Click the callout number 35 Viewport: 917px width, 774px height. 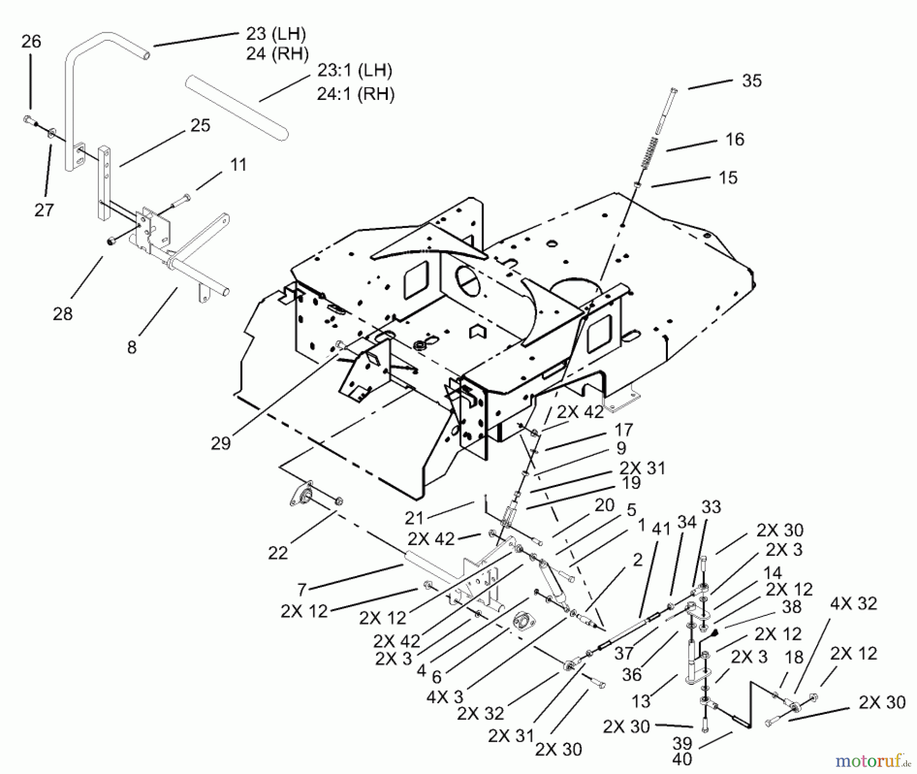[751, 81]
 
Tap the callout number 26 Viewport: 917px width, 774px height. [31, 41]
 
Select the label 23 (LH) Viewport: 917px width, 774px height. [276, 34]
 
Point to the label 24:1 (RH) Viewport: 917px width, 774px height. [356, 94]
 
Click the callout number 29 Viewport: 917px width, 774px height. [221, 444]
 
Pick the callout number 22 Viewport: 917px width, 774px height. [278, 552]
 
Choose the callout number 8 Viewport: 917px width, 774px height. [132, 347]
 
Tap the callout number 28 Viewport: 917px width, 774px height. [63, 314]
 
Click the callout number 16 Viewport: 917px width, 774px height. [735, 139]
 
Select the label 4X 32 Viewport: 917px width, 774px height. [853, 604]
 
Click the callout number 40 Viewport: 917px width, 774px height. [682, 759]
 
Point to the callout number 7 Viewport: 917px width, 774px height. [302, 590]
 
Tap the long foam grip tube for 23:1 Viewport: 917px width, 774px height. [237, 108]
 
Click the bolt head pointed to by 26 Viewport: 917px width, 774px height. [29, 120]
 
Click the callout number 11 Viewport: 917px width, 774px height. [238, 165]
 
